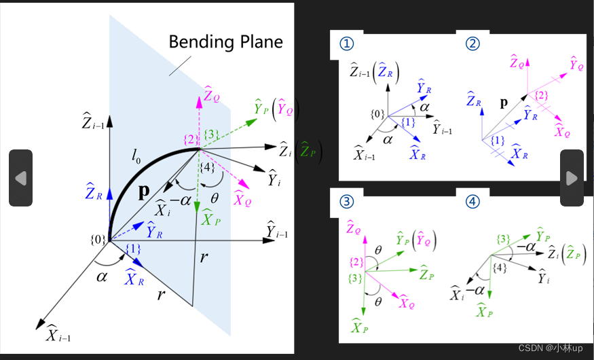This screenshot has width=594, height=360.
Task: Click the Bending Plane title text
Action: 225,42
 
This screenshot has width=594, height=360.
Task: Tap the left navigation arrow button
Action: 20,178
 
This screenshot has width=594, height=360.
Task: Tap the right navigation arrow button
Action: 572,178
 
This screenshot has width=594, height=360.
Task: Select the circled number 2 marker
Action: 472,44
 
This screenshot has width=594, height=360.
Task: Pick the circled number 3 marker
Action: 347,202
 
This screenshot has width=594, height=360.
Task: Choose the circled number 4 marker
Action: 472,202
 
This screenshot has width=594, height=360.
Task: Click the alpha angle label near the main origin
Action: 102,276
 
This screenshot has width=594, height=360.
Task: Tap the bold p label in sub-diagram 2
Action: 504,104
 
